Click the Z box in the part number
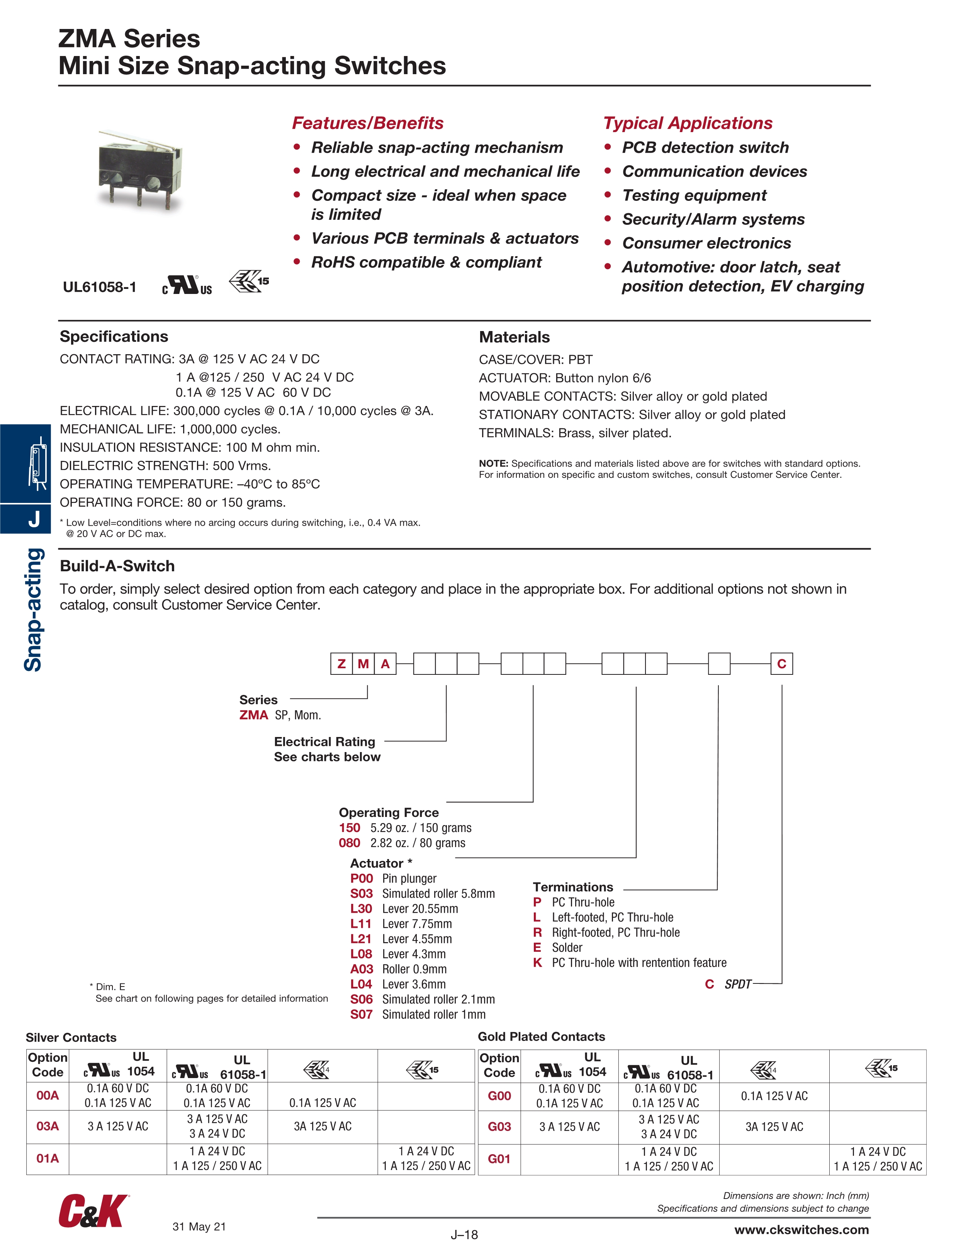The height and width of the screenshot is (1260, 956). point(341,664)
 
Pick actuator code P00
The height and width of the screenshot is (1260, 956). point(361,878)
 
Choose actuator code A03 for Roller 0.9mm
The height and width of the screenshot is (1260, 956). point(361,969)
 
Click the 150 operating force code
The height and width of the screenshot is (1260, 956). point(349,828)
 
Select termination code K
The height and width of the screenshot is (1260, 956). point(537,963)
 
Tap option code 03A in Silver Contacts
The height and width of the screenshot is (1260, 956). point(47,1126)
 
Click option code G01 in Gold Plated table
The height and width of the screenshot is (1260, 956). point(499,1159)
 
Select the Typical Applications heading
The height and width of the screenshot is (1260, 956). point(688,123)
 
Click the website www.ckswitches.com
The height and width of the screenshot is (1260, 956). point(801,1230)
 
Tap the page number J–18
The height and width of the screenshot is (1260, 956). point(464,1235)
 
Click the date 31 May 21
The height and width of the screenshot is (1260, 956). point(199,1226)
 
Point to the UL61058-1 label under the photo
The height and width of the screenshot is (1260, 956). point(100,287)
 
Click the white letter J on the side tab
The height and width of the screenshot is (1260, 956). point(34,519)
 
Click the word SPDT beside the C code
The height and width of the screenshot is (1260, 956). point(738,984)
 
